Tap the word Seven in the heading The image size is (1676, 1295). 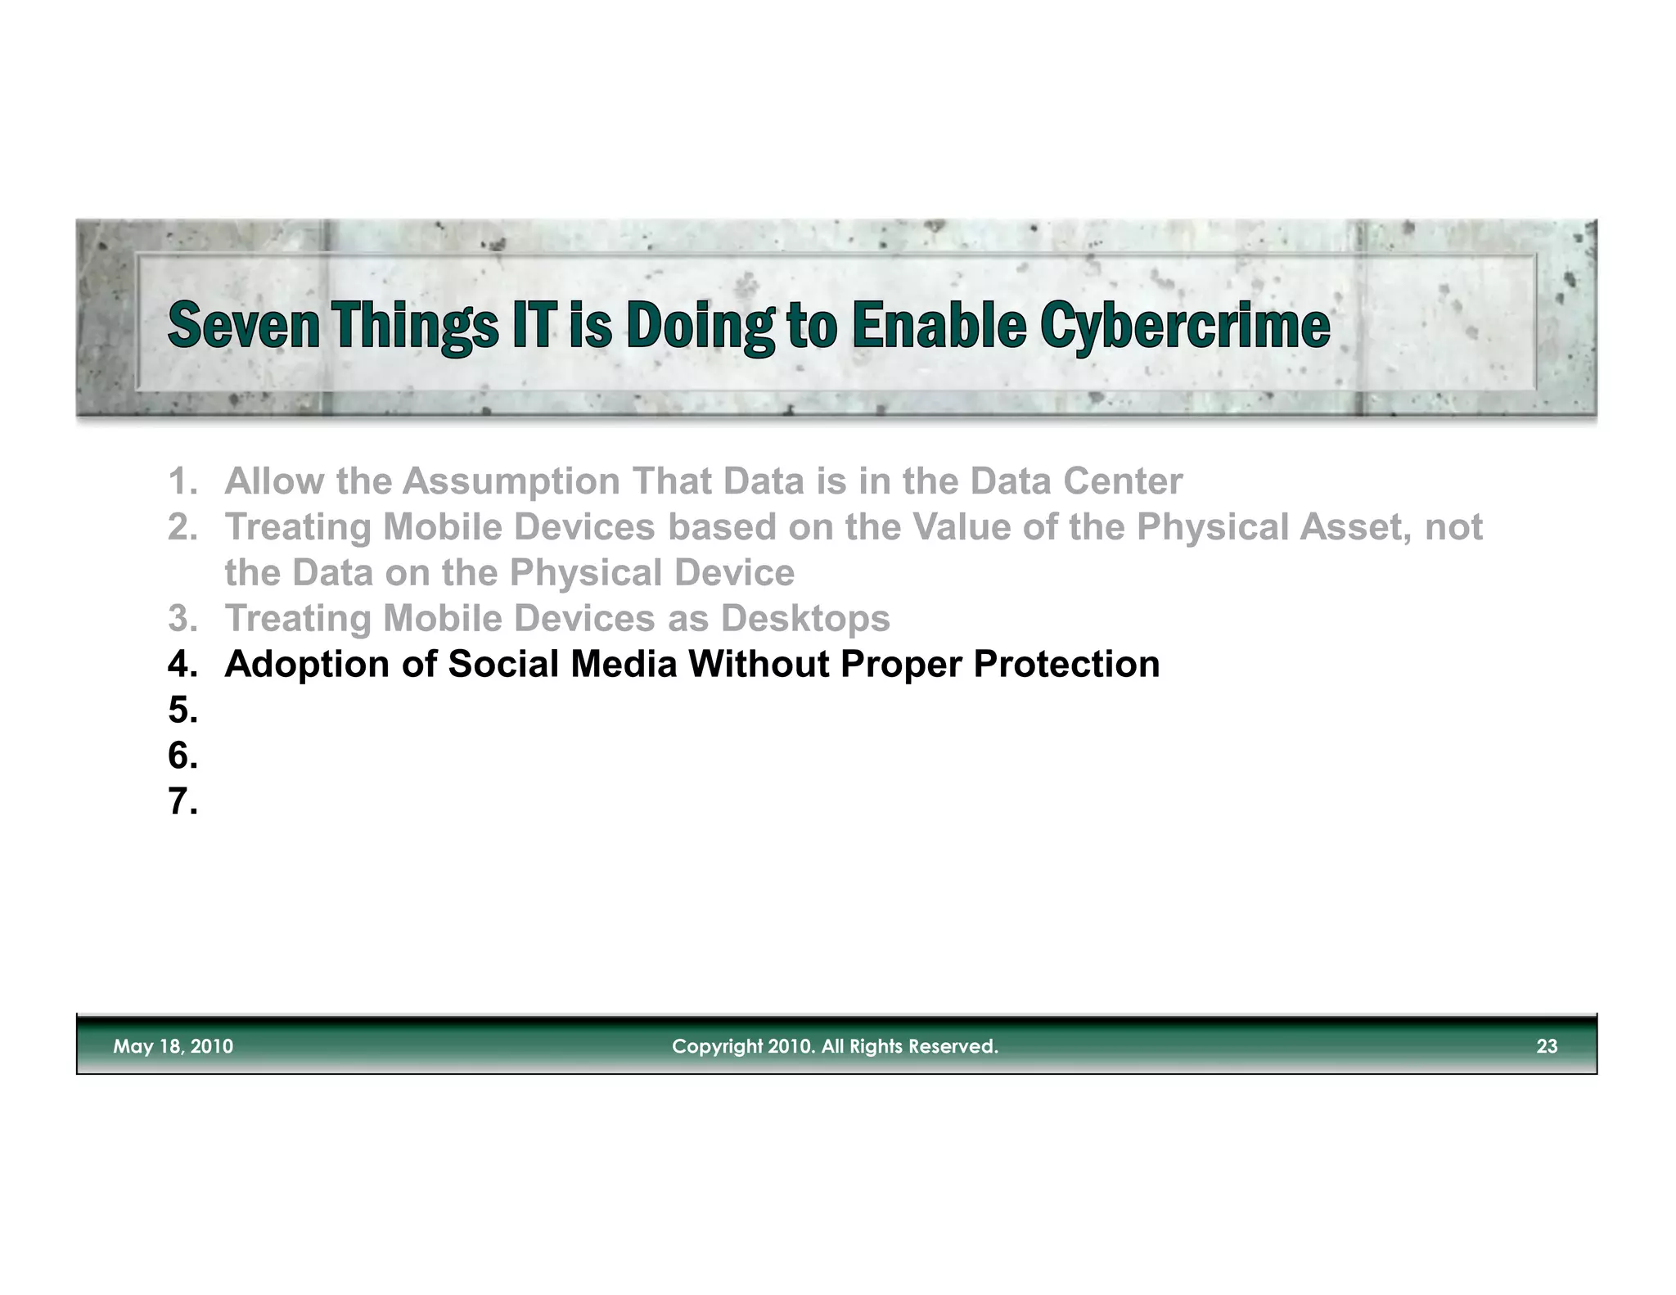pos(243,325)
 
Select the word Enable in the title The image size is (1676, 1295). pos(938,325)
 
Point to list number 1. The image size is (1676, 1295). pos(182,481)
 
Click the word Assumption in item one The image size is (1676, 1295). pos(511,481)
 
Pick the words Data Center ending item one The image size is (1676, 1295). pos(1075,481)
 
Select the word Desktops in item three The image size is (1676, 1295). pos(804,618)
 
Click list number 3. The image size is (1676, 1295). pos(182,618)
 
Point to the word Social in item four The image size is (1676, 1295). pos(505,664)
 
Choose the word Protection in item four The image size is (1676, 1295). pos(1066,664)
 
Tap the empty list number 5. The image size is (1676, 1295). pos(182,710)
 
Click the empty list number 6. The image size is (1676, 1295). pos(182,756)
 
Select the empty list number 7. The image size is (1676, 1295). pos(182,801)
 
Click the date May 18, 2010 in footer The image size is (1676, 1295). pos(173,1046)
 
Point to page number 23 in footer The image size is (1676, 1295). pos(1546,1046)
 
